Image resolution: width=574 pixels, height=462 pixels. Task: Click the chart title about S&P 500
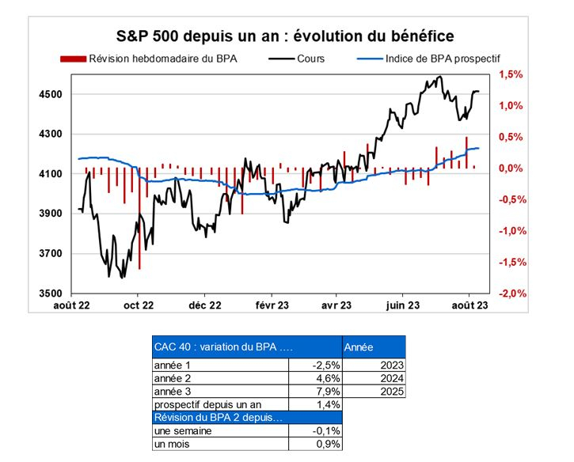point(286,36)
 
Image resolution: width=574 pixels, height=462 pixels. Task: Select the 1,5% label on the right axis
point(511,75)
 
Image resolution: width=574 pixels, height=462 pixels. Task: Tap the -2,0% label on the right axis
point(511,293)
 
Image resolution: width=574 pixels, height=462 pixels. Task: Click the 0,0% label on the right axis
point(511,169)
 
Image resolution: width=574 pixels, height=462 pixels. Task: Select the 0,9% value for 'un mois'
point(328,445)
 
